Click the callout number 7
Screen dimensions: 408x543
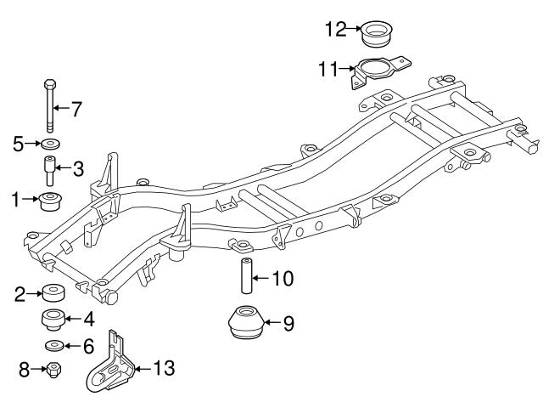(76, 109)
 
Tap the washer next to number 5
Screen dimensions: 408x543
(49, 143)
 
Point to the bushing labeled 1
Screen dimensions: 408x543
(51, 203)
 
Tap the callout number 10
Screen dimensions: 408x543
(283, 277)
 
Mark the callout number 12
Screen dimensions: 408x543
(334, 30)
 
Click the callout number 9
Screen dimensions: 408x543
(288, 323)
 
